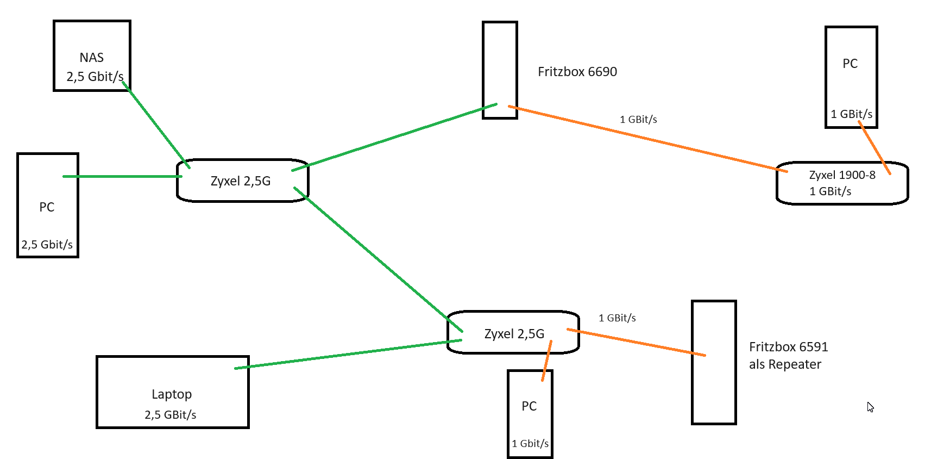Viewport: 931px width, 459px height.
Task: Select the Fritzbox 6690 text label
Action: pos(577,72)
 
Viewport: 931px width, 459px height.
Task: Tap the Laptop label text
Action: pos(171,394)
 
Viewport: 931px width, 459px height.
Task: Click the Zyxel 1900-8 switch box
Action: pos(842,184)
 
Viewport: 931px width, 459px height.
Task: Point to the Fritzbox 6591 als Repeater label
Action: pos(788,355)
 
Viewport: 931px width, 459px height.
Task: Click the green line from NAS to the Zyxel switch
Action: pos(156,125)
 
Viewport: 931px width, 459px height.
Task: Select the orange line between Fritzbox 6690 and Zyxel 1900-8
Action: pos(646,139)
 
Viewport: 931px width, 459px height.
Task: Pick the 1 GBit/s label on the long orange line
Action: pos(638,120)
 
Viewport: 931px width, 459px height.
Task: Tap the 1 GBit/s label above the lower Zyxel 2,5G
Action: pos(617,318)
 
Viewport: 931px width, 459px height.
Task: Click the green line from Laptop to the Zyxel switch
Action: pos(348,355)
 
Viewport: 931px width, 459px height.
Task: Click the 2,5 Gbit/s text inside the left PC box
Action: pos(47,245)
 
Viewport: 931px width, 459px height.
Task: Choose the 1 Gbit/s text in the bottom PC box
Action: pos(530,444)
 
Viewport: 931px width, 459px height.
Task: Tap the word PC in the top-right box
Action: pos(850,64)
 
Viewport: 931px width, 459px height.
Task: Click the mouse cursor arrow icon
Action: pos(870,407)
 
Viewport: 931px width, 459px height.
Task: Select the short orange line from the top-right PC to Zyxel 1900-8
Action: pos(874,147)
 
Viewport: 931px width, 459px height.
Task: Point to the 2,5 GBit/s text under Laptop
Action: pos(170,415)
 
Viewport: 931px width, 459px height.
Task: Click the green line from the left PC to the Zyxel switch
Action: pos(122,176)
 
